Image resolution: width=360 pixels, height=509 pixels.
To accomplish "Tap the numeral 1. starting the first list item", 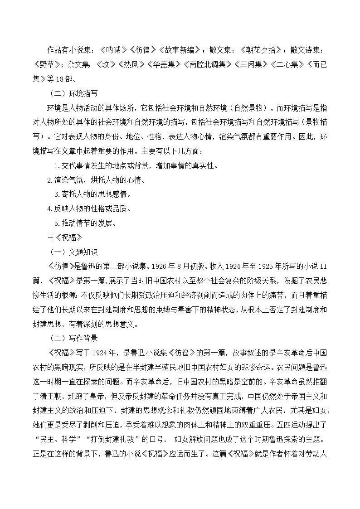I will pos(57,166).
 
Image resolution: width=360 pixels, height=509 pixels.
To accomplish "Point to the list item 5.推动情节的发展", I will pos(85,223).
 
